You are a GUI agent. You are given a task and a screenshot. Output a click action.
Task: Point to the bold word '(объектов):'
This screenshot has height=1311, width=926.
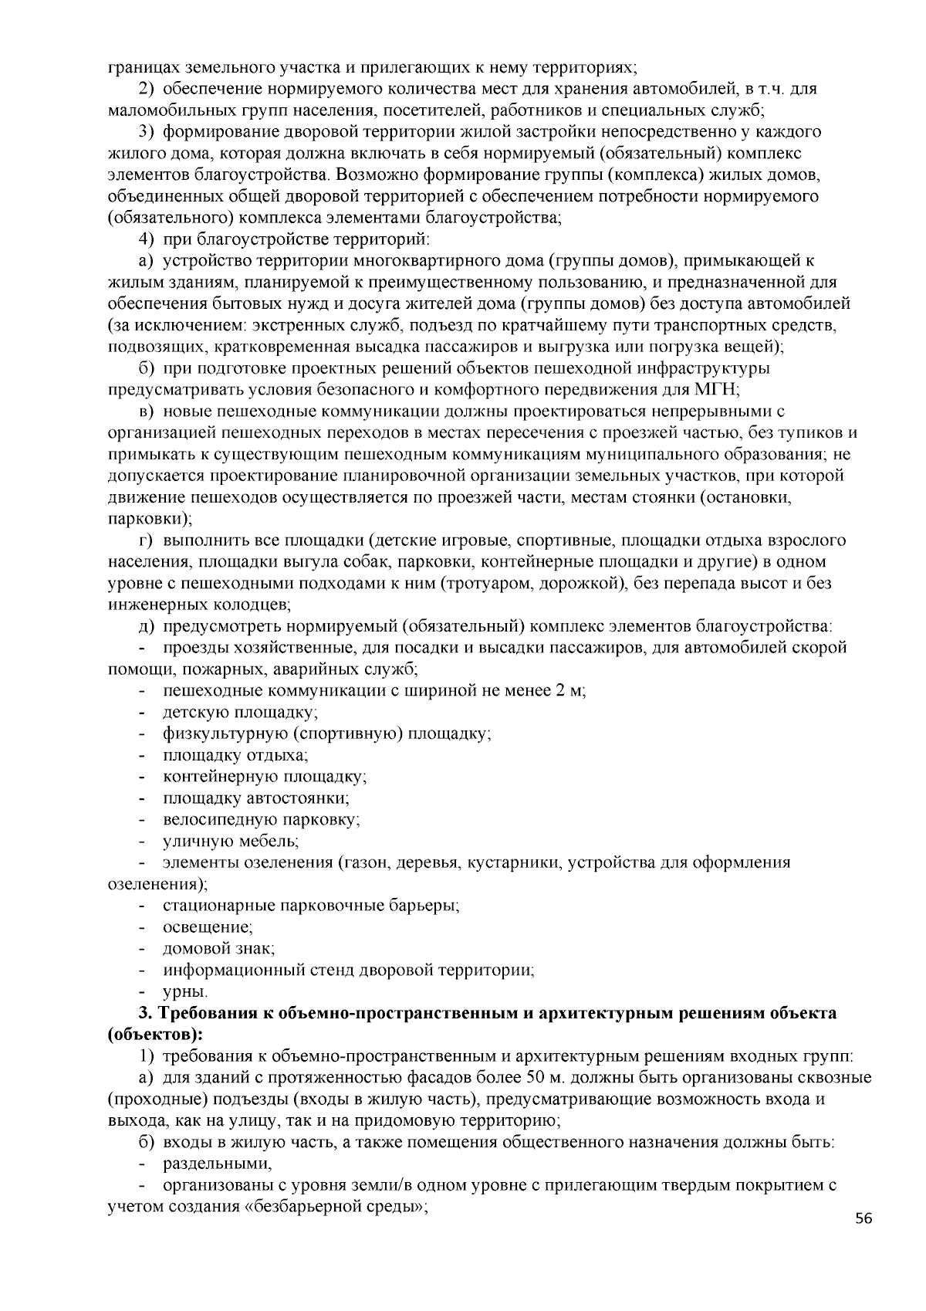pyautogui.click(x=155, y=1034)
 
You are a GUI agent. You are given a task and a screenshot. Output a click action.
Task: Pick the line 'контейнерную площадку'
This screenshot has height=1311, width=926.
pyautogui.click(x=264, y=776)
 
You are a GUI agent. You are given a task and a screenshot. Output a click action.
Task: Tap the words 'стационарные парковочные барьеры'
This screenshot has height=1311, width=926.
pyautogui.click(x=311, y=905)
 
